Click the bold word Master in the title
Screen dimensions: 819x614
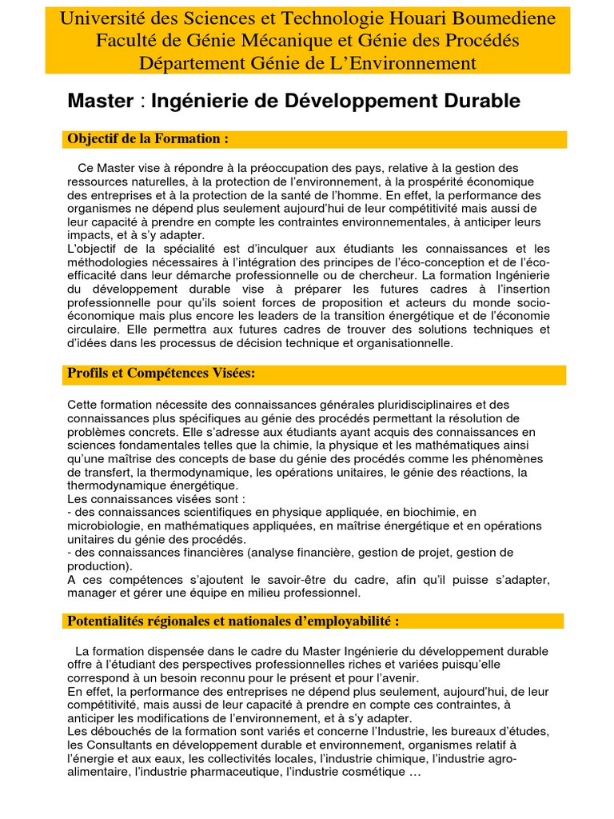click(99, 102)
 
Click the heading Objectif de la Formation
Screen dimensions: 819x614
click(149, 139)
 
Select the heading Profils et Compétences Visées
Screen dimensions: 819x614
click(161, 374)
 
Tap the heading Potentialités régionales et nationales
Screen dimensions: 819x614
click(233, 621)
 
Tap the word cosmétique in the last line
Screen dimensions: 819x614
click(369, 773)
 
